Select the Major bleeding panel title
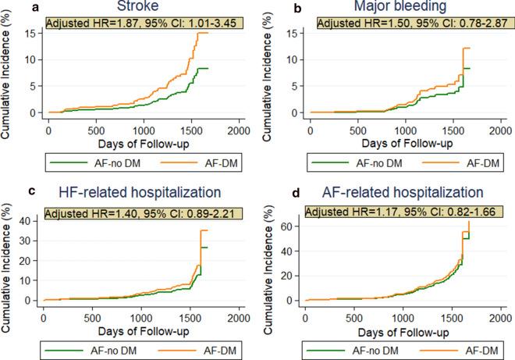399,8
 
